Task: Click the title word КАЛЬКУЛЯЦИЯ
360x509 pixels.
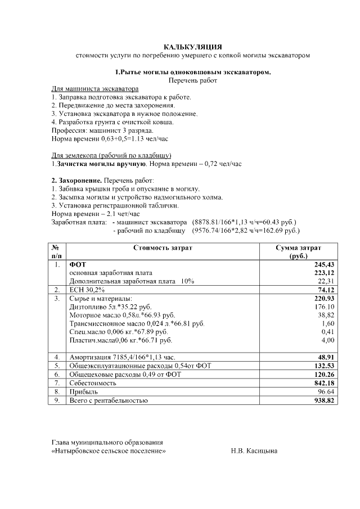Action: click(193, 47)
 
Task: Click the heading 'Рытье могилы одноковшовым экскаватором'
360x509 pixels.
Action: click(193, 73)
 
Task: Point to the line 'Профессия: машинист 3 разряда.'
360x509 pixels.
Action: click(94, 130)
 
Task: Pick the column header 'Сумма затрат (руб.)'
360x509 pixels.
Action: click(298, 251)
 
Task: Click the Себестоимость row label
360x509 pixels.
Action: click(93, 382)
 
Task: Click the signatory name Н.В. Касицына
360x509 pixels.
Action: click(254, 451)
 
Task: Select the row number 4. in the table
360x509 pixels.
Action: click(57, 357)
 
